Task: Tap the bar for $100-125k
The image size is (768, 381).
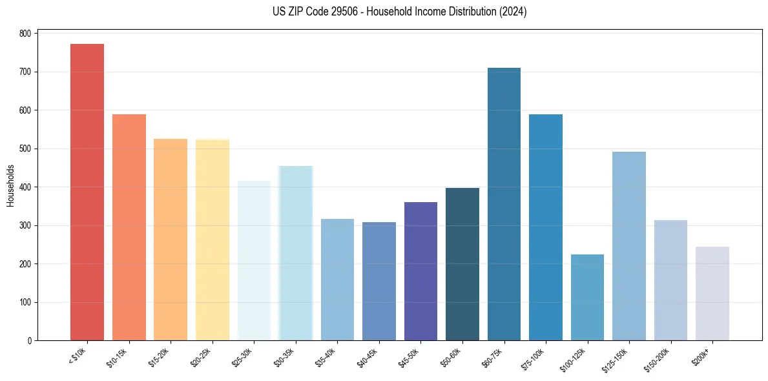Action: pos(587,298)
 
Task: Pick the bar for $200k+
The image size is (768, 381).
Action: pos(712,294)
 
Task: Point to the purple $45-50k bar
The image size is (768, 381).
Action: pos(420,271)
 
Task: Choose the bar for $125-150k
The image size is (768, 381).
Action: pos(628,246)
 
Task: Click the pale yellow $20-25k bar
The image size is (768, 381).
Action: pos(213,240)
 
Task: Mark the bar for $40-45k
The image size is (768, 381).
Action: pos(379,282)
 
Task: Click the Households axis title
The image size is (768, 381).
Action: pos(10,185)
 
